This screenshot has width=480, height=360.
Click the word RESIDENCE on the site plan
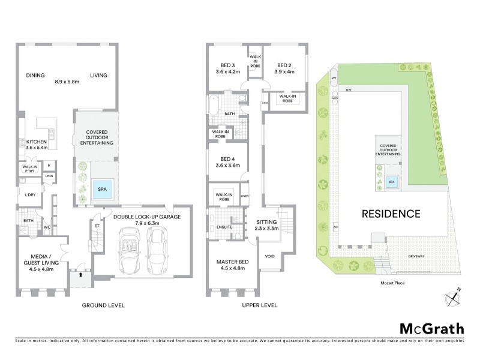[x=390, y=213]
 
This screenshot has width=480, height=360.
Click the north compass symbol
[x=453, y=296]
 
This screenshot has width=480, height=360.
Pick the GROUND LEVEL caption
[x=103, y=305]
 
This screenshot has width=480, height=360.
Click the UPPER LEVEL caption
[x=259, y=305]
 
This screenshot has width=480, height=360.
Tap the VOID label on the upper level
[x=271, y=256]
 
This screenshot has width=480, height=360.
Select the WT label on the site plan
[x=334, y=77]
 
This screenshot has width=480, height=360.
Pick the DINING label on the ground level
[x=36, y=75]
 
